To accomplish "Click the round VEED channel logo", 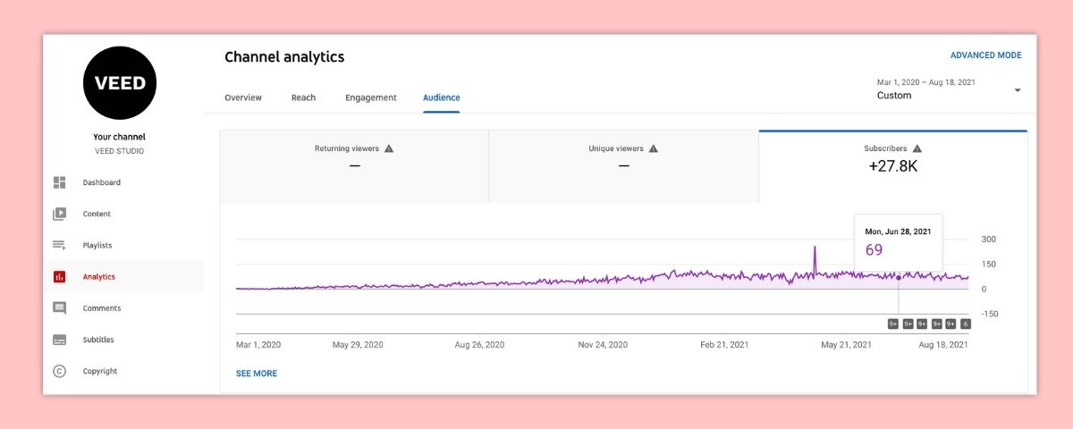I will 120,83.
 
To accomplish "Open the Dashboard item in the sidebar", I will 101,182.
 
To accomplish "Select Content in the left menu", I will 97,214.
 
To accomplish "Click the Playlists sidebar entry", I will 97,245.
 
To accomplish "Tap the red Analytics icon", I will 60,277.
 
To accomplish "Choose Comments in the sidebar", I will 101,308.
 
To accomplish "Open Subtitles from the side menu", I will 98,340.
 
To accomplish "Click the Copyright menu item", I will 100,371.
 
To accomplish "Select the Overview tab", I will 243,97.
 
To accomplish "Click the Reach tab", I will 303,97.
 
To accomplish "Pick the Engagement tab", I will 371,97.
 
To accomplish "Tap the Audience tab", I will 442,97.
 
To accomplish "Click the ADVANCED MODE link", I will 985,55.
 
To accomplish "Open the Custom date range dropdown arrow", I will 1018,90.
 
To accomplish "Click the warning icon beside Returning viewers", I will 388,148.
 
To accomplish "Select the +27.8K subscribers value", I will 892,165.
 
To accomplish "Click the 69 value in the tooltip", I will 874,249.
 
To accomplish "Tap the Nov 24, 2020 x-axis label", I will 603,344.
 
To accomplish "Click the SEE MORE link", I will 257,374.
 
